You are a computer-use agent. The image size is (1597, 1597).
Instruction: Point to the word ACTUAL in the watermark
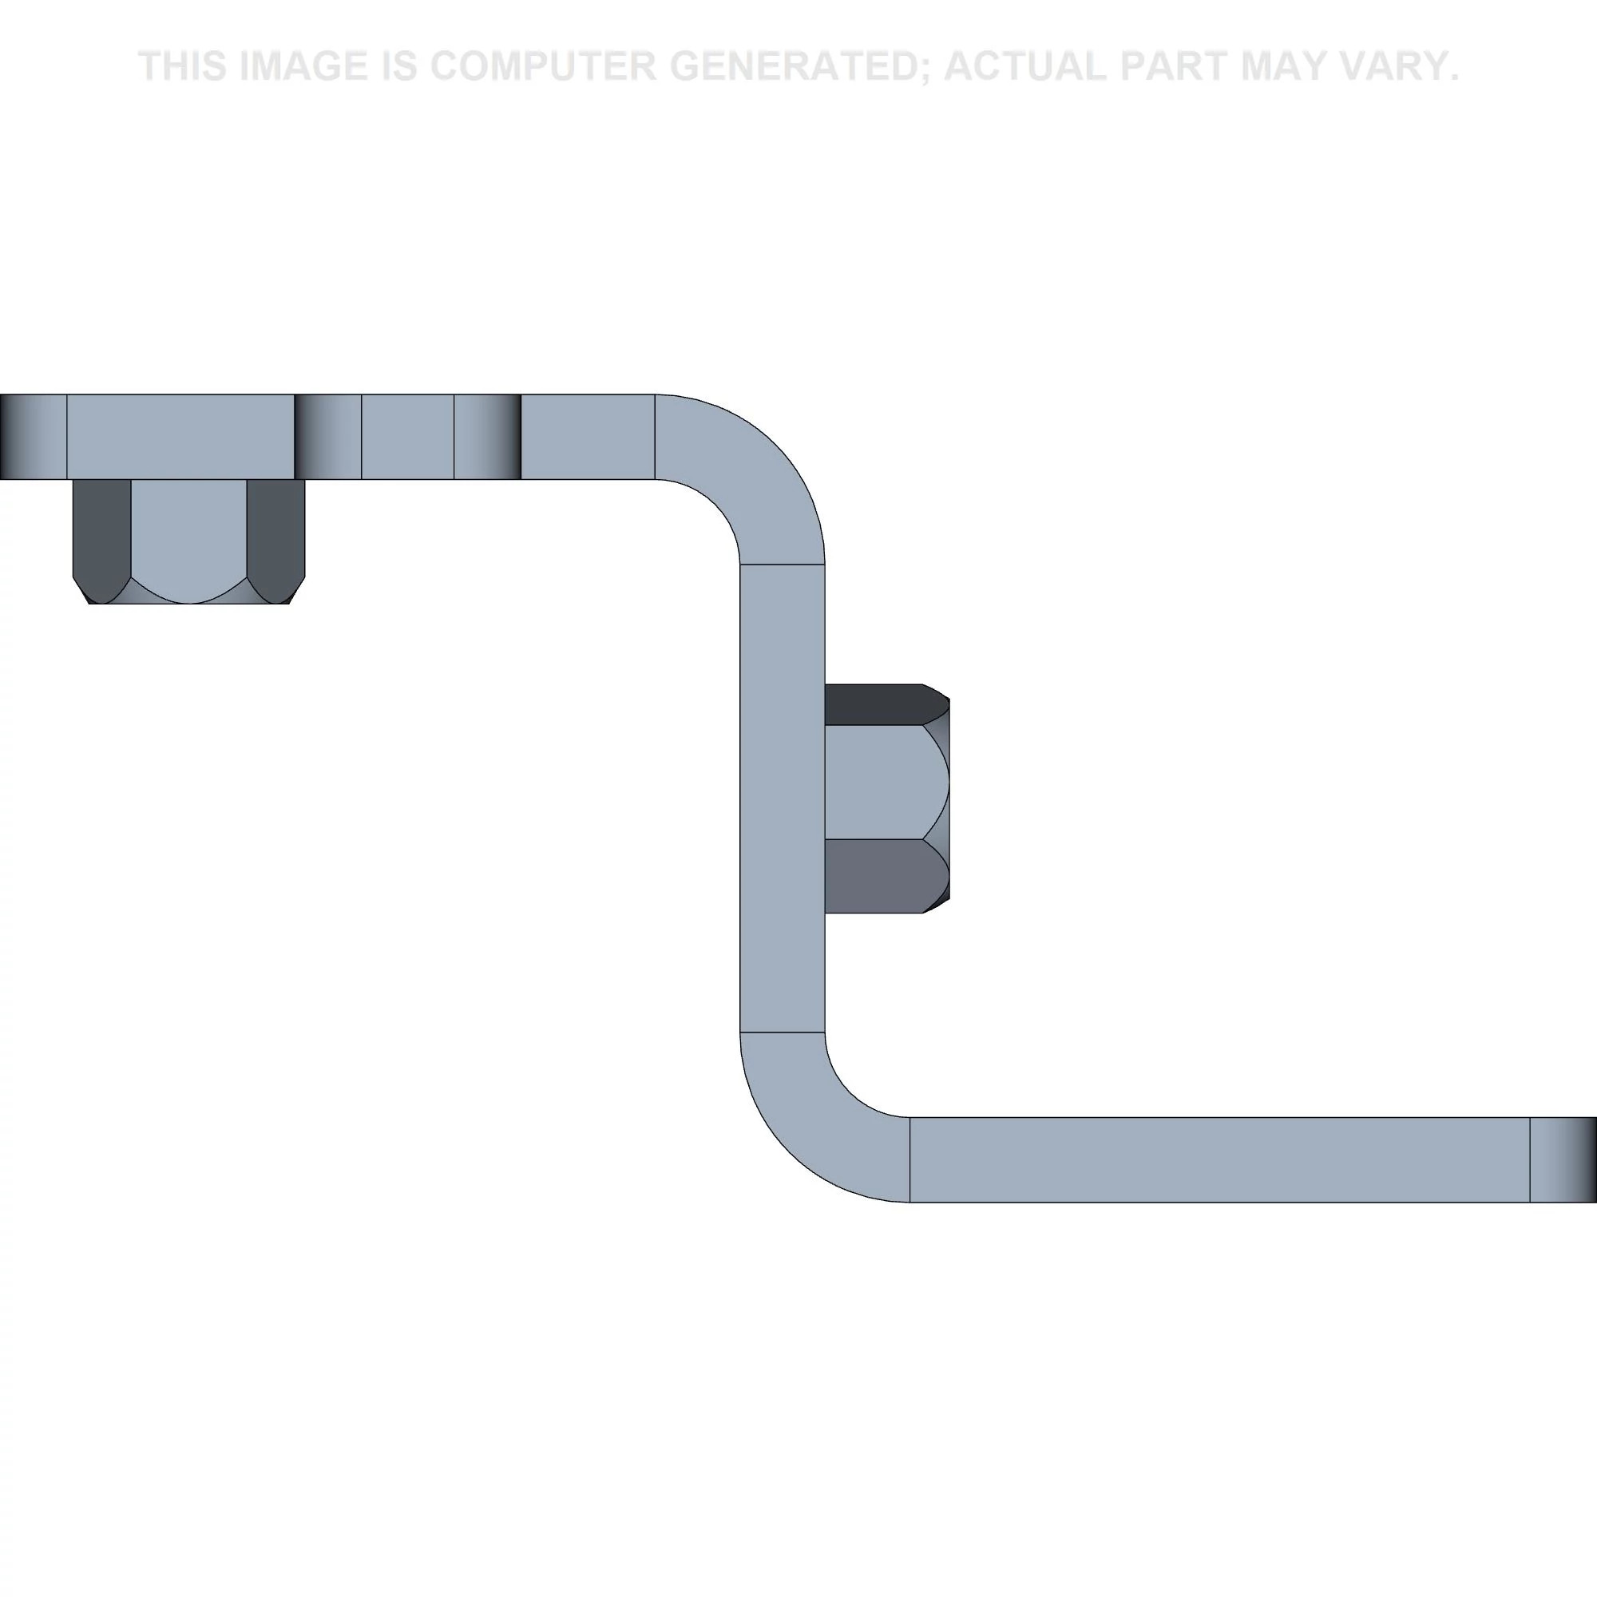point(1025,66)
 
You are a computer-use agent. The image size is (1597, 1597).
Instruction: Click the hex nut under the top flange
point(188,541)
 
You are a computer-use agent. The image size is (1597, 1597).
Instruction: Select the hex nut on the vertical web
point(887,798)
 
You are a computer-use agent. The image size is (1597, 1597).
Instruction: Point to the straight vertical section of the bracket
point(782,798)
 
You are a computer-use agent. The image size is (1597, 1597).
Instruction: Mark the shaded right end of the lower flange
point(1563,1159)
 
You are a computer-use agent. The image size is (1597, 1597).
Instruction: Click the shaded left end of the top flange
point(33,437)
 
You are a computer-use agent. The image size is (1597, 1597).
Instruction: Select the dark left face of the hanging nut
point(101,537)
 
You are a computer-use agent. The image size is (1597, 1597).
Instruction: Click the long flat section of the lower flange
point(1219,1159)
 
